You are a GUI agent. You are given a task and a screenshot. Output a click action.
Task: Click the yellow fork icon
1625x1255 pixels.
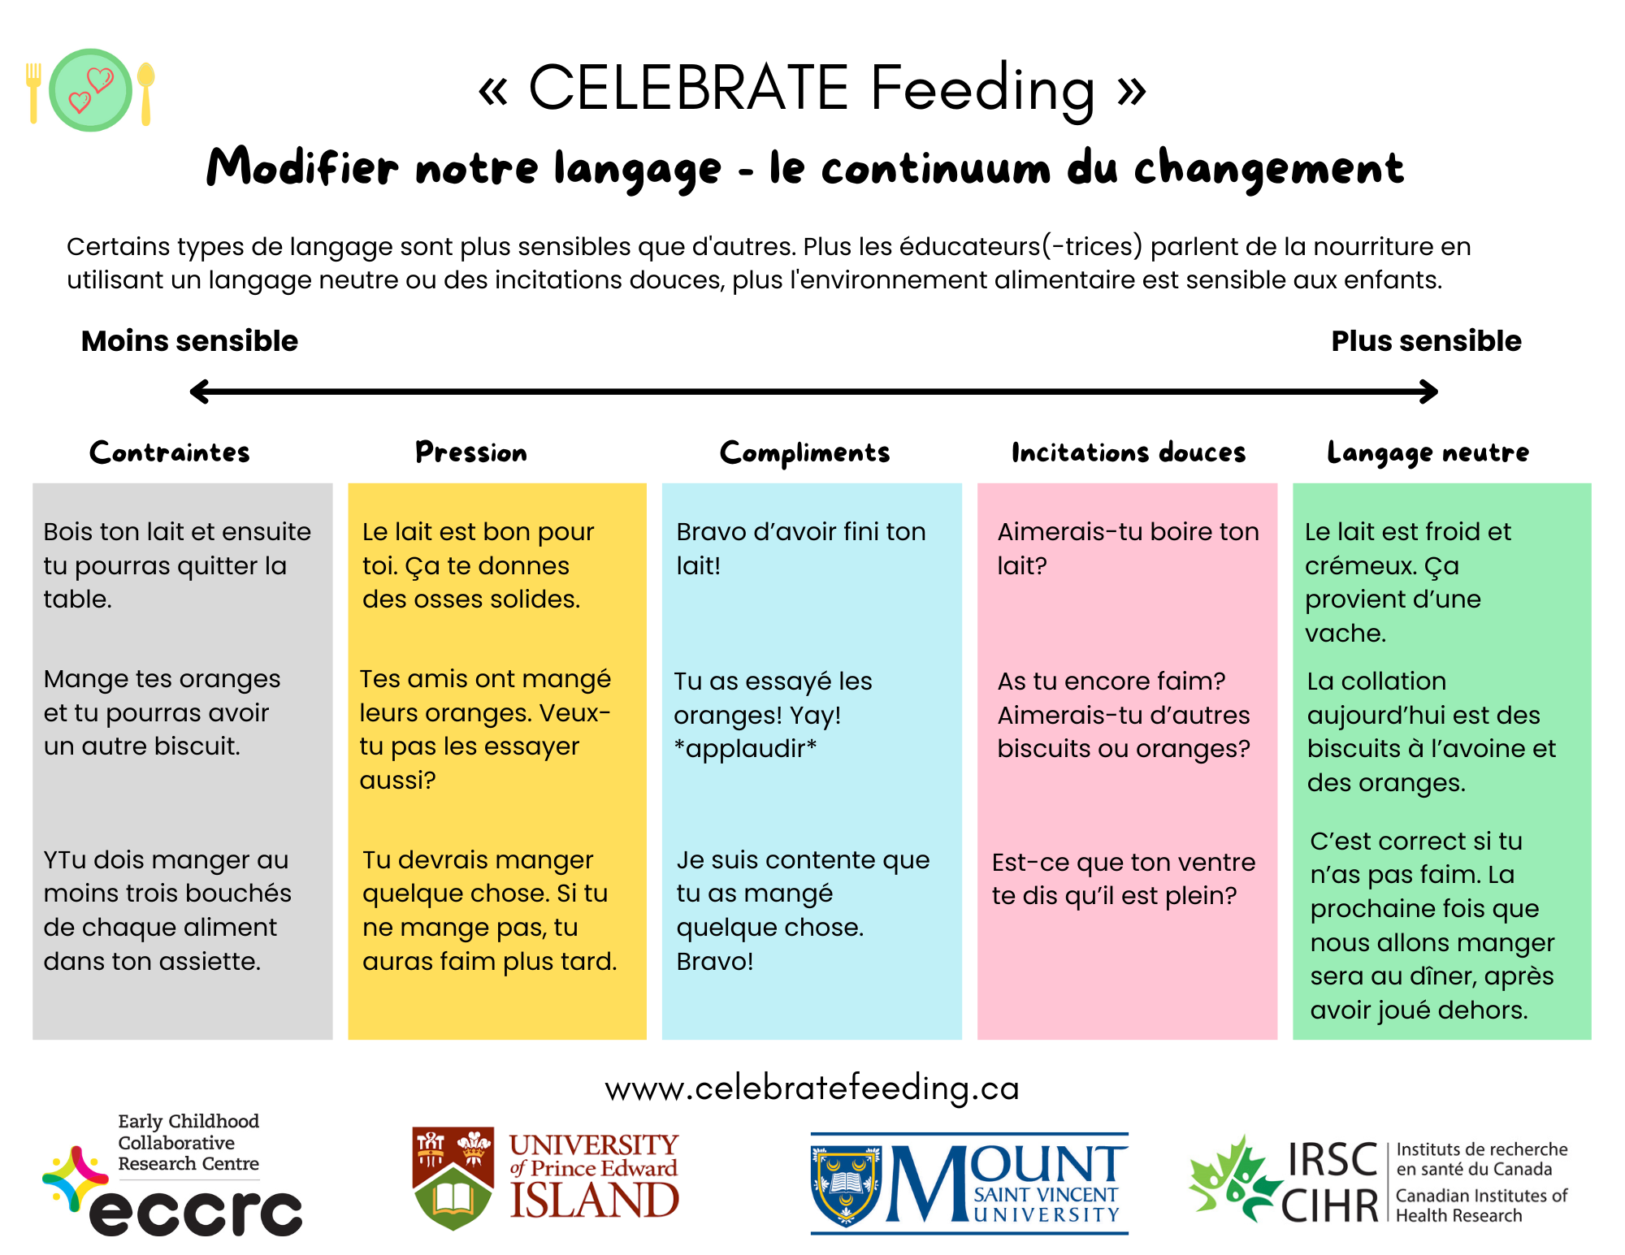33,93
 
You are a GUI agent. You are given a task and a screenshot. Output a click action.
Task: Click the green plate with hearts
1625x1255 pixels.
90,90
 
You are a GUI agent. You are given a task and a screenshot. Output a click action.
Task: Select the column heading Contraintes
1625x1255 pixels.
170,452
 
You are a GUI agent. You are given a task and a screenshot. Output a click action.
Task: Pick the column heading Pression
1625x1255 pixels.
471,452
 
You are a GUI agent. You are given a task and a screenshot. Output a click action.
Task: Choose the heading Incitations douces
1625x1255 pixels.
1128,452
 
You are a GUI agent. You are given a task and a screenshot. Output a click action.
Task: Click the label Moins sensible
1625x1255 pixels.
189,341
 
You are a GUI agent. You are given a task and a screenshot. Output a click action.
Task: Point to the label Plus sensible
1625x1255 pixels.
1426,341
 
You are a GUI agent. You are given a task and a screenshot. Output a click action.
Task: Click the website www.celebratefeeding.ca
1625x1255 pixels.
812,1088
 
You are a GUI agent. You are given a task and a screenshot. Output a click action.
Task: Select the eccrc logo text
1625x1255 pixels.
195,1213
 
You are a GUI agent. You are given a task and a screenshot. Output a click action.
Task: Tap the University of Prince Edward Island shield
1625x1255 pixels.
453,1178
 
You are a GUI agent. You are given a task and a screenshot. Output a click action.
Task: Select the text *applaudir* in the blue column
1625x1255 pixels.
746,748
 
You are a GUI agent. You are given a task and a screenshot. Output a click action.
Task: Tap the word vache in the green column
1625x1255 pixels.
1345,633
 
